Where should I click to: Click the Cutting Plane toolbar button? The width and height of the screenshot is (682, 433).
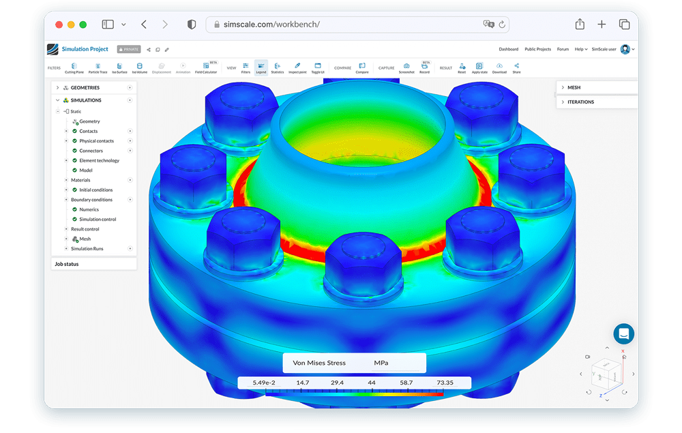pos(74,68)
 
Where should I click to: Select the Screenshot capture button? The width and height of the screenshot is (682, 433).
pos(406,68)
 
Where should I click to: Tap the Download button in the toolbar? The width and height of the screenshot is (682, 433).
pos(499,68)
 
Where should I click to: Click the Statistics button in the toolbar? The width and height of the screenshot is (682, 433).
pos(278,68)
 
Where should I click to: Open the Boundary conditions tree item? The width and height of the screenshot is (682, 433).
pos(91,200)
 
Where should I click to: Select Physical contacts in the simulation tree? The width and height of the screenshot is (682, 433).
pos(96,141)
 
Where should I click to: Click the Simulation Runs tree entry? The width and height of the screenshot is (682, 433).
pos(87,249)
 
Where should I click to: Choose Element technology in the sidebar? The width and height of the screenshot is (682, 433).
pos(99,161)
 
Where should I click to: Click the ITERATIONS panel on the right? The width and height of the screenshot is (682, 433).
pos(580,102)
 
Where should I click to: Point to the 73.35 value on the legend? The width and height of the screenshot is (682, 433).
pos(445,383)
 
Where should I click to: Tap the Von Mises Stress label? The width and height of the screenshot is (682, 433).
pos(319,363)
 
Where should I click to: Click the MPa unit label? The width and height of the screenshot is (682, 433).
pos(381,363)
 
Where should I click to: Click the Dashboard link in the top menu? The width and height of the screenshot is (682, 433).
pos(508,49)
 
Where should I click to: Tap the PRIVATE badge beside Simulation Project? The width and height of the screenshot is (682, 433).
pos(129,49)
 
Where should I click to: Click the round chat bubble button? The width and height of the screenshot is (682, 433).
pos(623,334)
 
